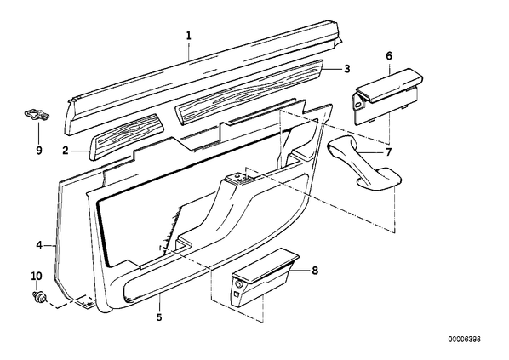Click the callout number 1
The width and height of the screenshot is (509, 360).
(189, 36)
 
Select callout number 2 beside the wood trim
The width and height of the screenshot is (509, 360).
(66, 151)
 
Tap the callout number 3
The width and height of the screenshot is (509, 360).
(347, 69)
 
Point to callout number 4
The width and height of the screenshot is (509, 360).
(39, 245)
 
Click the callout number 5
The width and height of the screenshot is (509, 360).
(159, 317)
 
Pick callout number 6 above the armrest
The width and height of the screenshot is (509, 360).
(389, 56)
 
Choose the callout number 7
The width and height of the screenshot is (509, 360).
(388, 152)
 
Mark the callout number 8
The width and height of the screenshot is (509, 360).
(315, 271)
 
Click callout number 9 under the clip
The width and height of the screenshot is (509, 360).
(39, 151)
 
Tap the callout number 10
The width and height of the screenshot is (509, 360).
(37, 277)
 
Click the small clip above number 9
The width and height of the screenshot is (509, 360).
(37, 114)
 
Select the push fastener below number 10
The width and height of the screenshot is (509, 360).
(39, 297)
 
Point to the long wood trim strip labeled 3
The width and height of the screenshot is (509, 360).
(249, 93)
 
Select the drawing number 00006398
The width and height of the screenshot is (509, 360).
(465, 340)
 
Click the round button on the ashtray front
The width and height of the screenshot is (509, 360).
(239, 285)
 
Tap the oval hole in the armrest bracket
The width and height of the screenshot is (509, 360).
(357, 105)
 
